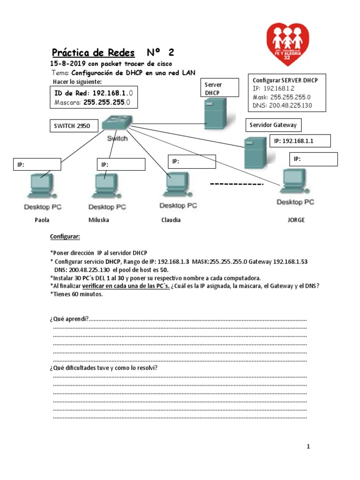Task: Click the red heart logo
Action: (288, 44)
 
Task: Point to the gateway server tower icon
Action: (255, 152)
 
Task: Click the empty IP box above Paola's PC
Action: (37, 165)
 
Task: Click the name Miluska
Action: (98, 220)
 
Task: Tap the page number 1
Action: (308, 447)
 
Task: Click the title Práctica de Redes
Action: (93, 52)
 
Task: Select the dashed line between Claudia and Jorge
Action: (236, 184)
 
